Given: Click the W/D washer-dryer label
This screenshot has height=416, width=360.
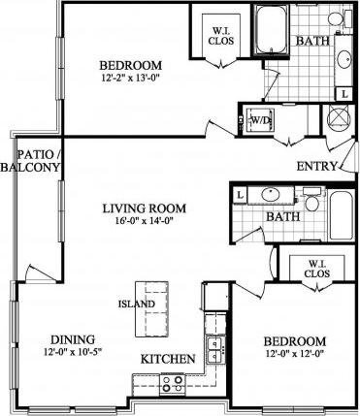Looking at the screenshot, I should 259,120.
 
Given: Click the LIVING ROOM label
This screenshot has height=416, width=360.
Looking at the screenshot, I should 145,208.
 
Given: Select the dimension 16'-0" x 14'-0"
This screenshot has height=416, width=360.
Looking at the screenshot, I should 145,221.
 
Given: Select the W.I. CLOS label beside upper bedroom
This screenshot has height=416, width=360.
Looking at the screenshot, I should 221,36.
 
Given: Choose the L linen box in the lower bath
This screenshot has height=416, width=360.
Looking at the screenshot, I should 239,195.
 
